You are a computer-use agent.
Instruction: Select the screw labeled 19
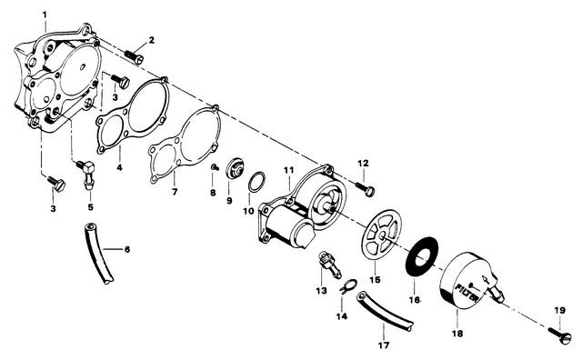(560, 334)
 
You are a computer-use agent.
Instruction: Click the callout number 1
(45, 15)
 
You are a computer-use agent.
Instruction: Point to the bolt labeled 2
(135, 56)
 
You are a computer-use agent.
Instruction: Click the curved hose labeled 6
(98, 253)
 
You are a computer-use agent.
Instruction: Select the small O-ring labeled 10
(256, 182)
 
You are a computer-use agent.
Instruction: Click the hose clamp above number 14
(347, 286)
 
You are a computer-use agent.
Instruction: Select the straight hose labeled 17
(385, 312)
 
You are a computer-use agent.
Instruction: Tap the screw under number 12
(366, 188)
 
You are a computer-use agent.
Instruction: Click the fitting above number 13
(329, 264)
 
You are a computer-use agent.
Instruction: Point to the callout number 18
(457, 334)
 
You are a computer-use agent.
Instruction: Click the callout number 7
(175, 192)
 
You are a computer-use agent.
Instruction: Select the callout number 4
(119, 167)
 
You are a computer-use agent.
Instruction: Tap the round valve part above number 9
(235, 168)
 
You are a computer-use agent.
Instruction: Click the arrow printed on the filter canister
(485, 279)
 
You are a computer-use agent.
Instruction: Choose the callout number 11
(289, 170)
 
